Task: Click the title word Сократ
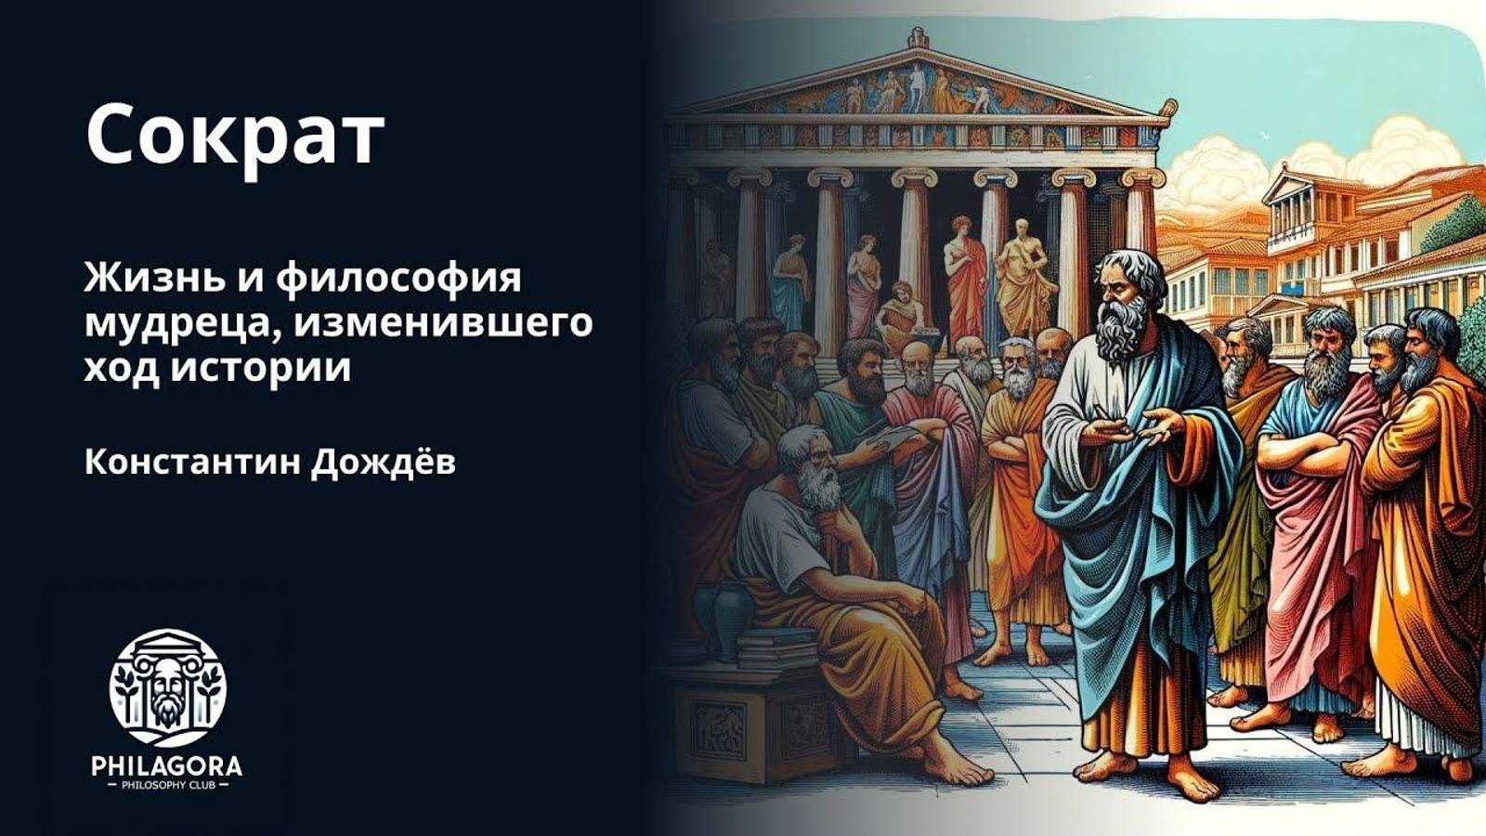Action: click(x=234, y=136)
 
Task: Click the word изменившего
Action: click(x=447, y=323)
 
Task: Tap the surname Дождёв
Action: click(x=383, y=462)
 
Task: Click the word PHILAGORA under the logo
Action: click(x=167, y=766)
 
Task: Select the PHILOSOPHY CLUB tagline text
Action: click(x=167, y=786)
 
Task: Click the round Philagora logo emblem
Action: click(x=167, y=687)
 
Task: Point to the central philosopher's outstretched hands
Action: click(x=1133, y=429)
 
